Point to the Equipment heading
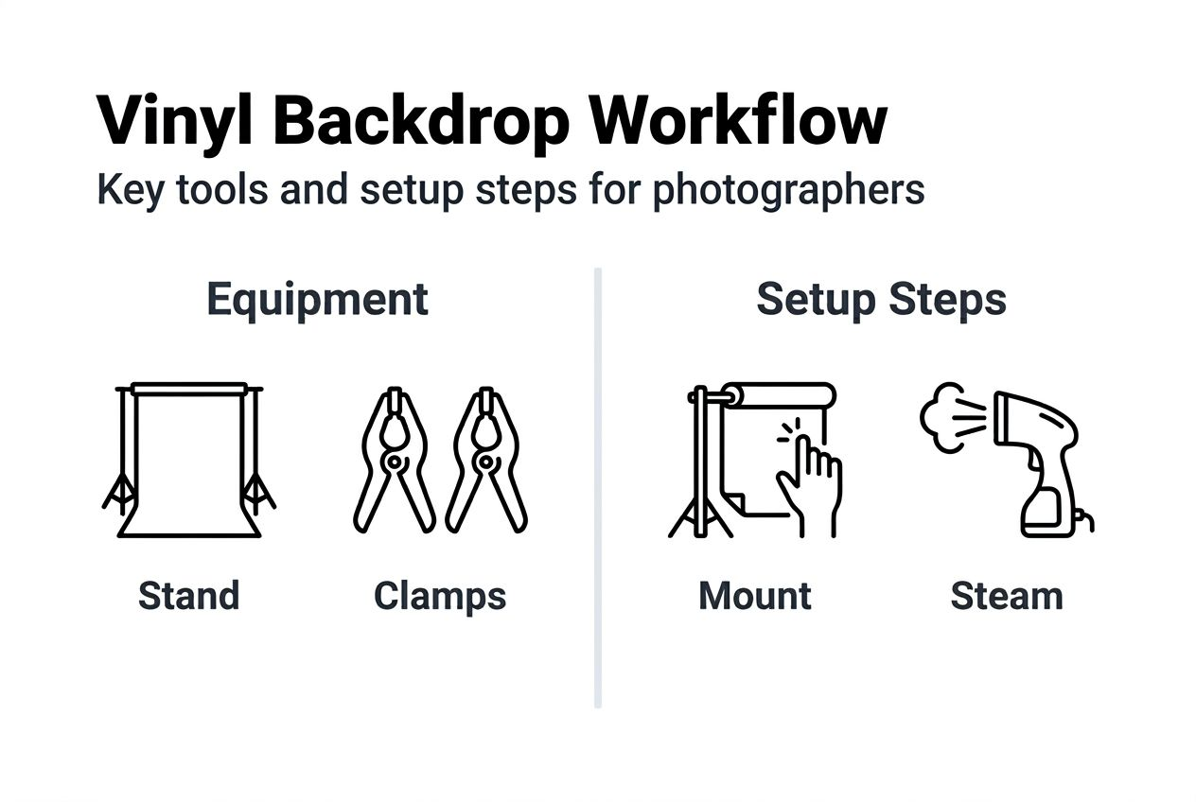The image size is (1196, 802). point(317,300)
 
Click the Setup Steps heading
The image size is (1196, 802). point(881,300)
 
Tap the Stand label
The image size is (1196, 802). point(189,596)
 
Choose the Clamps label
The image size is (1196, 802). point(440,596)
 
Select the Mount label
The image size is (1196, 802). point(755,596)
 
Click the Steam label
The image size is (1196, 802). point(1007,596)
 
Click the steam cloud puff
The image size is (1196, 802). point(946,416)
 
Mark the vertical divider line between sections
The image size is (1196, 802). point(598,487)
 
